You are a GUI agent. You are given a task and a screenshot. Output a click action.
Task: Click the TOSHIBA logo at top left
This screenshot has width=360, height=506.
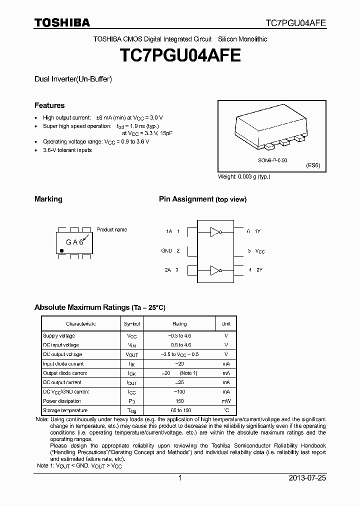pos(62,22)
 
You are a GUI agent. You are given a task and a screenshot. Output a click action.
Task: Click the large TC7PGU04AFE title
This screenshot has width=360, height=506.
pos(179,54)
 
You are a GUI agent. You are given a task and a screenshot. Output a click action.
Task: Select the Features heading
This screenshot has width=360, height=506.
pos(49,105)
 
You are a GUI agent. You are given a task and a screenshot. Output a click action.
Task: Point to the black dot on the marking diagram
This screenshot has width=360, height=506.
pos(61,249)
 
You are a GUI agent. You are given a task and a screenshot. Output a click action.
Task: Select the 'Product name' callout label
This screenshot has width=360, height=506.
pos(111,229)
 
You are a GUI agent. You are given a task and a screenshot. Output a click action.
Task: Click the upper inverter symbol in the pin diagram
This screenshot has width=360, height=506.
pos(215,231)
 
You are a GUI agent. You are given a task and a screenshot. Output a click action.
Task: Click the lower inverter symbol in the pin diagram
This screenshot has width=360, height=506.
pos(215,270)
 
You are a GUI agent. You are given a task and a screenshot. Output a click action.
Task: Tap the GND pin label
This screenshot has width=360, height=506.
pos(166,251)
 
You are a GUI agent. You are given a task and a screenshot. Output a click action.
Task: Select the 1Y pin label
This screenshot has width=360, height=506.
pos(258,231)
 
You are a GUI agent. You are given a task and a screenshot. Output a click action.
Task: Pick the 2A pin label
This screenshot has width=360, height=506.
pos(168,270)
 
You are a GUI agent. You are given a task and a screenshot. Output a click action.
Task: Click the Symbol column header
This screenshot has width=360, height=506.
pos(131,324)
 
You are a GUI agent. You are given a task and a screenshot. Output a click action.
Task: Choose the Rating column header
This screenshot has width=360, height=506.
pos(179,324)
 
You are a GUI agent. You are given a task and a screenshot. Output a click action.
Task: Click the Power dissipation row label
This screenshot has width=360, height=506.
pos(61,401)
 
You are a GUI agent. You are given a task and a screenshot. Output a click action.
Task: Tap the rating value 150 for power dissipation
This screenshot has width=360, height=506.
pos(179,401)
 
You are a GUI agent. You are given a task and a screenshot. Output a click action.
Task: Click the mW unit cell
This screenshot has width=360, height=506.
pos(226,401)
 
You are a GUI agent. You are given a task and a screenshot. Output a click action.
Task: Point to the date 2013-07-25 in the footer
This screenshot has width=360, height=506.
pos(307,478)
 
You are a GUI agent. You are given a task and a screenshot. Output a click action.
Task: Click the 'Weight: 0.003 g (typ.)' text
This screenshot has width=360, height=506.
pos(244,176)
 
